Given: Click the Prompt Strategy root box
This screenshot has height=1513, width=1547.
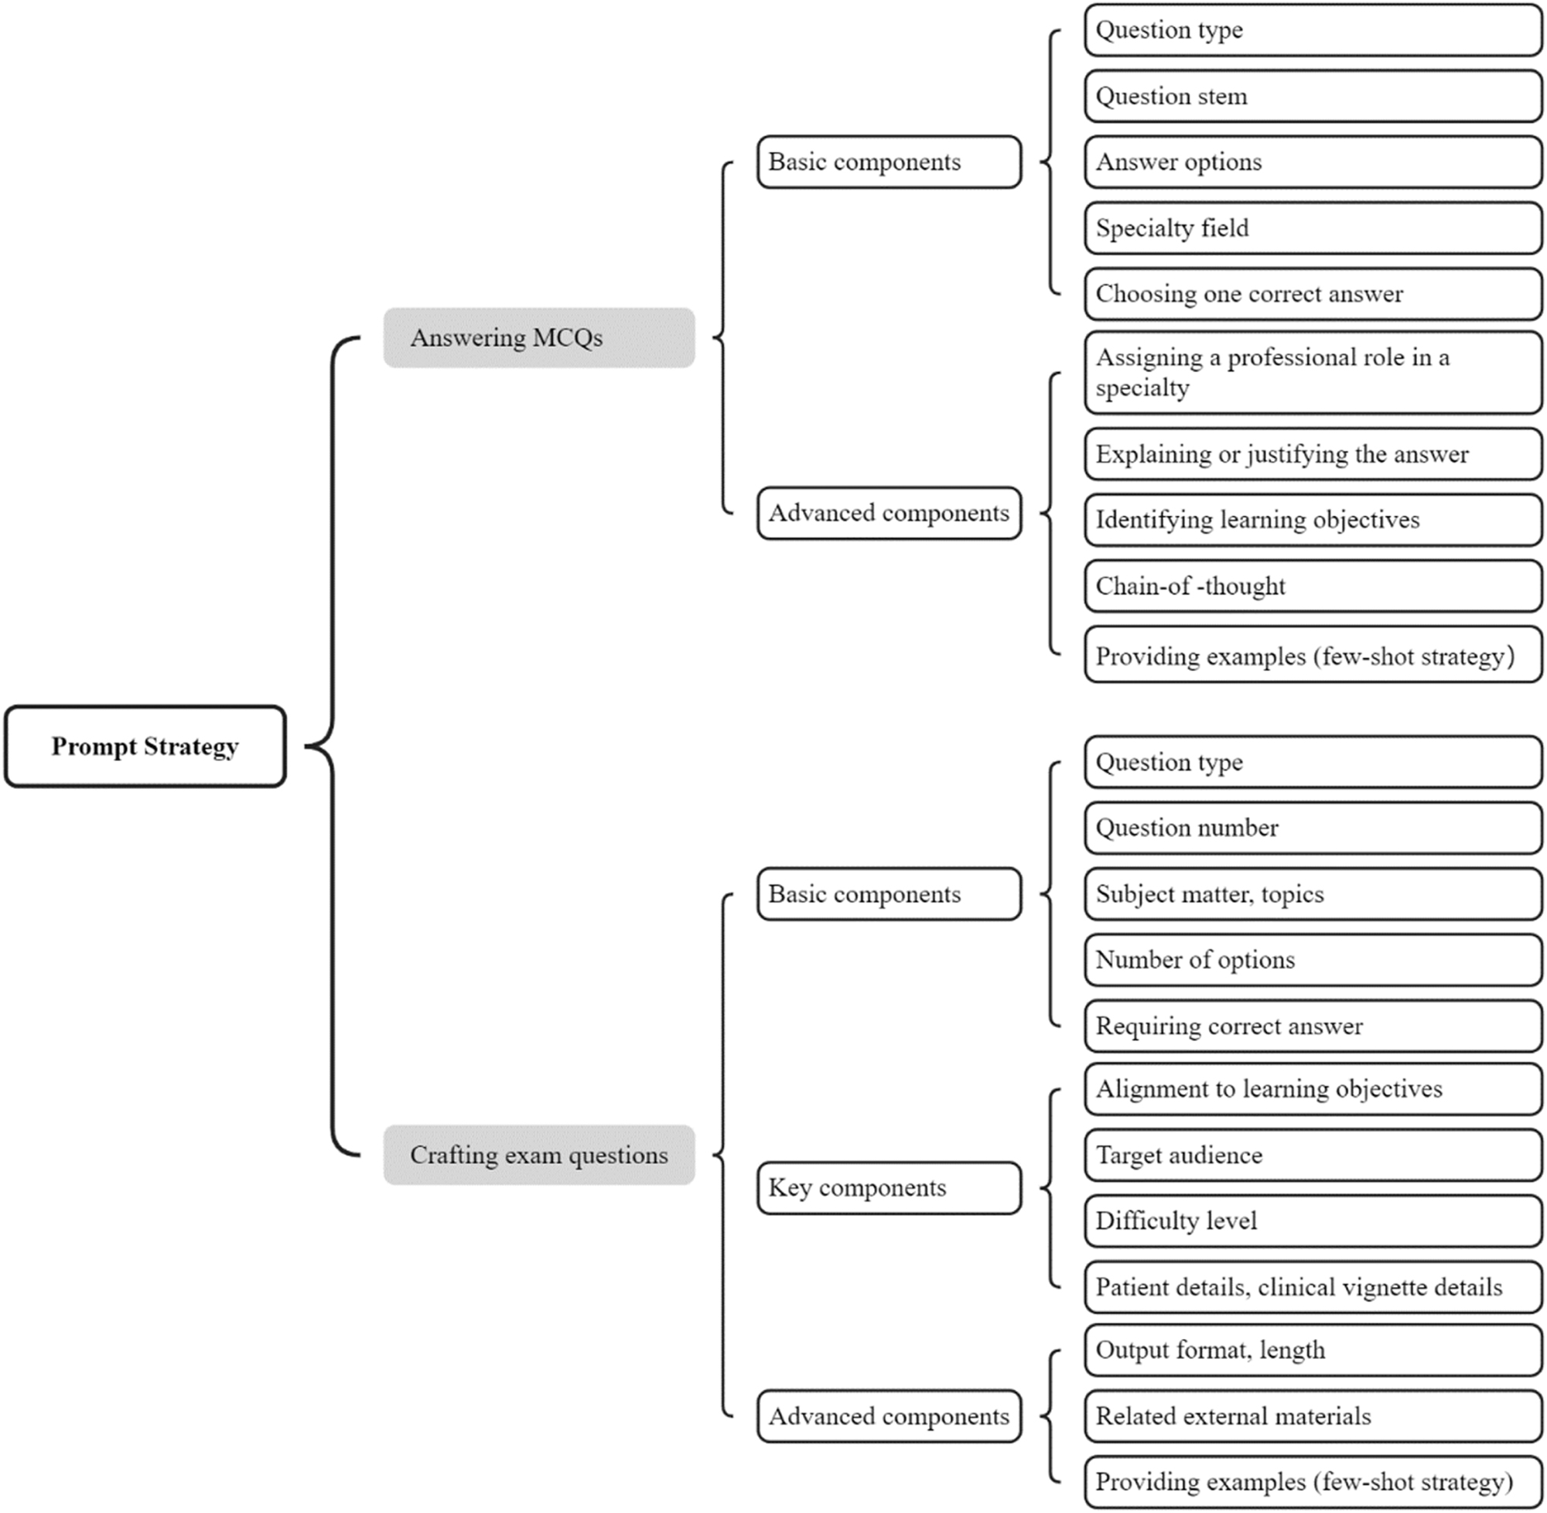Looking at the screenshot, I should pos(145,746).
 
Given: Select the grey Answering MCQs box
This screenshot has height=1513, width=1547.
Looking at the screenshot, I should pos(538,338).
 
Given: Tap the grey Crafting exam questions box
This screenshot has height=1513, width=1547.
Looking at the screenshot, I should pos(538,1155).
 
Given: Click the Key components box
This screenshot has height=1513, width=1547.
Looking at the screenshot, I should pos(888,1188).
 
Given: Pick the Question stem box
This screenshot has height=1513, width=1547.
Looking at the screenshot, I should pos(1313,96).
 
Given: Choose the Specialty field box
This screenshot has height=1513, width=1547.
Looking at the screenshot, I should pos(1313,228).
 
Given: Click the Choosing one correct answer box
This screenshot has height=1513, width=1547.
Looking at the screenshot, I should pos(1313,294).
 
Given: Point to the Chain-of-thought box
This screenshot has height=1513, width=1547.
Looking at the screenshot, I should pos(1313,586).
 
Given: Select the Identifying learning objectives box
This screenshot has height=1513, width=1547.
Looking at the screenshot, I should pos(1313,520).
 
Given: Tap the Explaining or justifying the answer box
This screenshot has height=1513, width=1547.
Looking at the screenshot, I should pos(1313,454).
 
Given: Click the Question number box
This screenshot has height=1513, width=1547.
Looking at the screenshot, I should pos(1313,828).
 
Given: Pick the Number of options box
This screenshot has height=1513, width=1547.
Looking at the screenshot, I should pos(1313,960).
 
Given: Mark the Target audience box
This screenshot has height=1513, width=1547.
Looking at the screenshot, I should pos(1313,1155).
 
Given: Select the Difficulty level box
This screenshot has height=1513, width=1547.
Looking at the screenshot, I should pos(1313,1221).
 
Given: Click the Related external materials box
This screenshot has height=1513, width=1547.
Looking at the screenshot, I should pos(1313,1416).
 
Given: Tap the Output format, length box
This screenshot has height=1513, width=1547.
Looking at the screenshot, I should pos(1313,1350).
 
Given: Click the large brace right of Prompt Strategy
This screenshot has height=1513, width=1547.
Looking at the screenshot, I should pos(331,746).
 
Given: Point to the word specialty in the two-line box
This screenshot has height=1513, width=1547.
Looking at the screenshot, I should pos(1142,388).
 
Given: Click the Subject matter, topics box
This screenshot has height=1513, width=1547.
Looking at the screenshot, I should pos(1313,894).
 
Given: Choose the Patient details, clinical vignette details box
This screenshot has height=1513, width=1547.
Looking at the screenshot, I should pos(1313,1286).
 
